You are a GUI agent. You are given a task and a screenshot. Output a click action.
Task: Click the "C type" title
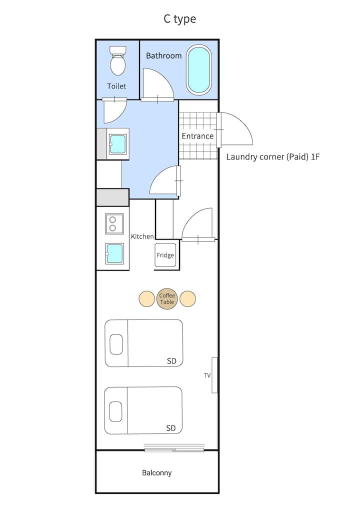(x=179, y=19)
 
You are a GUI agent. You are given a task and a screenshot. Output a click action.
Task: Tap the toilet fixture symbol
(x=117, y=60)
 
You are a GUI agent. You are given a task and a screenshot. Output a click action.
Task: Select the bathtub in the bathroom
(x=198, y=70)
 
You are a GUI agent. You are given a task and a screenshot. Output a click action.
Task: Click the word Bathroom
(x=163, y=56)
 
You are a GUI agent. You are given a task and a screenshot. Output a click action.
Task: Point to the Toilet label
(x=116, y=86)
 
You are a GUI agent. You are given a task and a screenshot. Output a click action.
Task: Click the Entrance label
(x=197, y=136)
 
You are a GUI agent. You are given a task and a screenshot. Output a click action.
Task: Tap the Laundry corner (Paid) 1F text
(x=272, y=157)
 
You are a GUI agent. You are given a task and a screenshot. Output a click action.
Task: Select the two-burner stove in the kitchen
(x=114, y=223)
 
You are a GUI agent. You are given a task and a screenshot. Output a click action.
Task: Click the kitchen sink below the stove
(x=114, y=254)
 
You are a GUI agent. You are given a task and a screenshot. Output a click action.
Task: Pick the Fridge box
(x=165, y=255)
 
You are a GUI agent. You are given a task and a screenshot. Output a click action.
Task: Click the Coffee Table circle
(x=167, y=299)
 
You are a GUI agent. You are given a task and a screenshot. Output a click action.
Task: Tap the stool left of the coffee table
(x=146, y=298)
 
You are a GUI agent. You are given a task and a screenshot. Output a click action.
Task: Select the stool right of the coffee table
(x=187, y=298)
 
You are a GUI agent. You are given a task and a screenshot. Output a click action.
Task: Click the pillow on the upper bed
(x=116, y=344)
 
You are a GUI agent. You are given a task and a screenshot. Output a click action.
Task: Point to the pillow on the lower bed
(x=115, y=411)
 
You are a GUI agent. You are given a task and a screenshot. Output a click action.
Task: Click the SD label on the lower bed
(x=170, y=428)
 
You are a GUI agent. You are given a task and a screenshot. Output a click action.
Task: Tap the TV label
(x=207, y=375)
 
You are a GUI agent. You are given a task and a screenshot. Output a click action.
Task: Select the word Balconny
(x=157, y=473)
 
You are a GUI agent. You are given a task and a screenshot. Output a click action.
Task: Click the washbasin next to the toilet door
(x=117, y=144)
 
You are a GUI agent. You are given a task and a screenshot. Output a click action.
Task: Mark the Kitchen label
(x=142, y=236)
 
